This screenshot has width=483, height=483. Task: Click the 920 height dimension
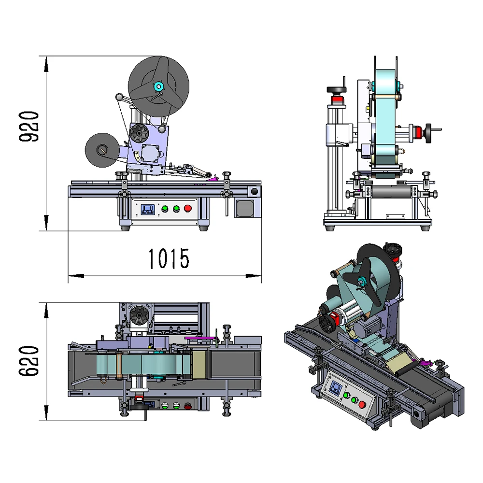pyautogui.click(x=29, y=126)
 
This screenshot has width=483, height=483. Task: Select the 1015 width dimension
pyautogui.click(x=169, y=259)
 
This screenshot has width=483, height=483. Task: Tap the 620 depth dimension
pyautogui.click(x=29, y=361)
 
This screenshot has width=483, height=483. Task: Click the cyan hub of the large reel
pyautogui.click(x=158, y=86)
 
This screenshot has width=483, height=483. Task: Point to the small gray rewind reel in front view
pyautogui.click(x=102, y=150)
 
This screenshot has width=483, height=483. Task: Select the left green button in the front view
pyautogui.click(x=165, y=209)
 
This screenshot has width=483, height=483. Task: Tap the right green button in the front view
pyautogui.click(x=176, y=209)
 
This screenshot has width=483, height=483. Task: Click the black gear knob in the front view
pyautogui.click(x=139, y=134)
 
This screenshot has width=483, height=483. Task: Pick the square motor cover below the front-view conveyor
pyautogui.click(x=245, y=208)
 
